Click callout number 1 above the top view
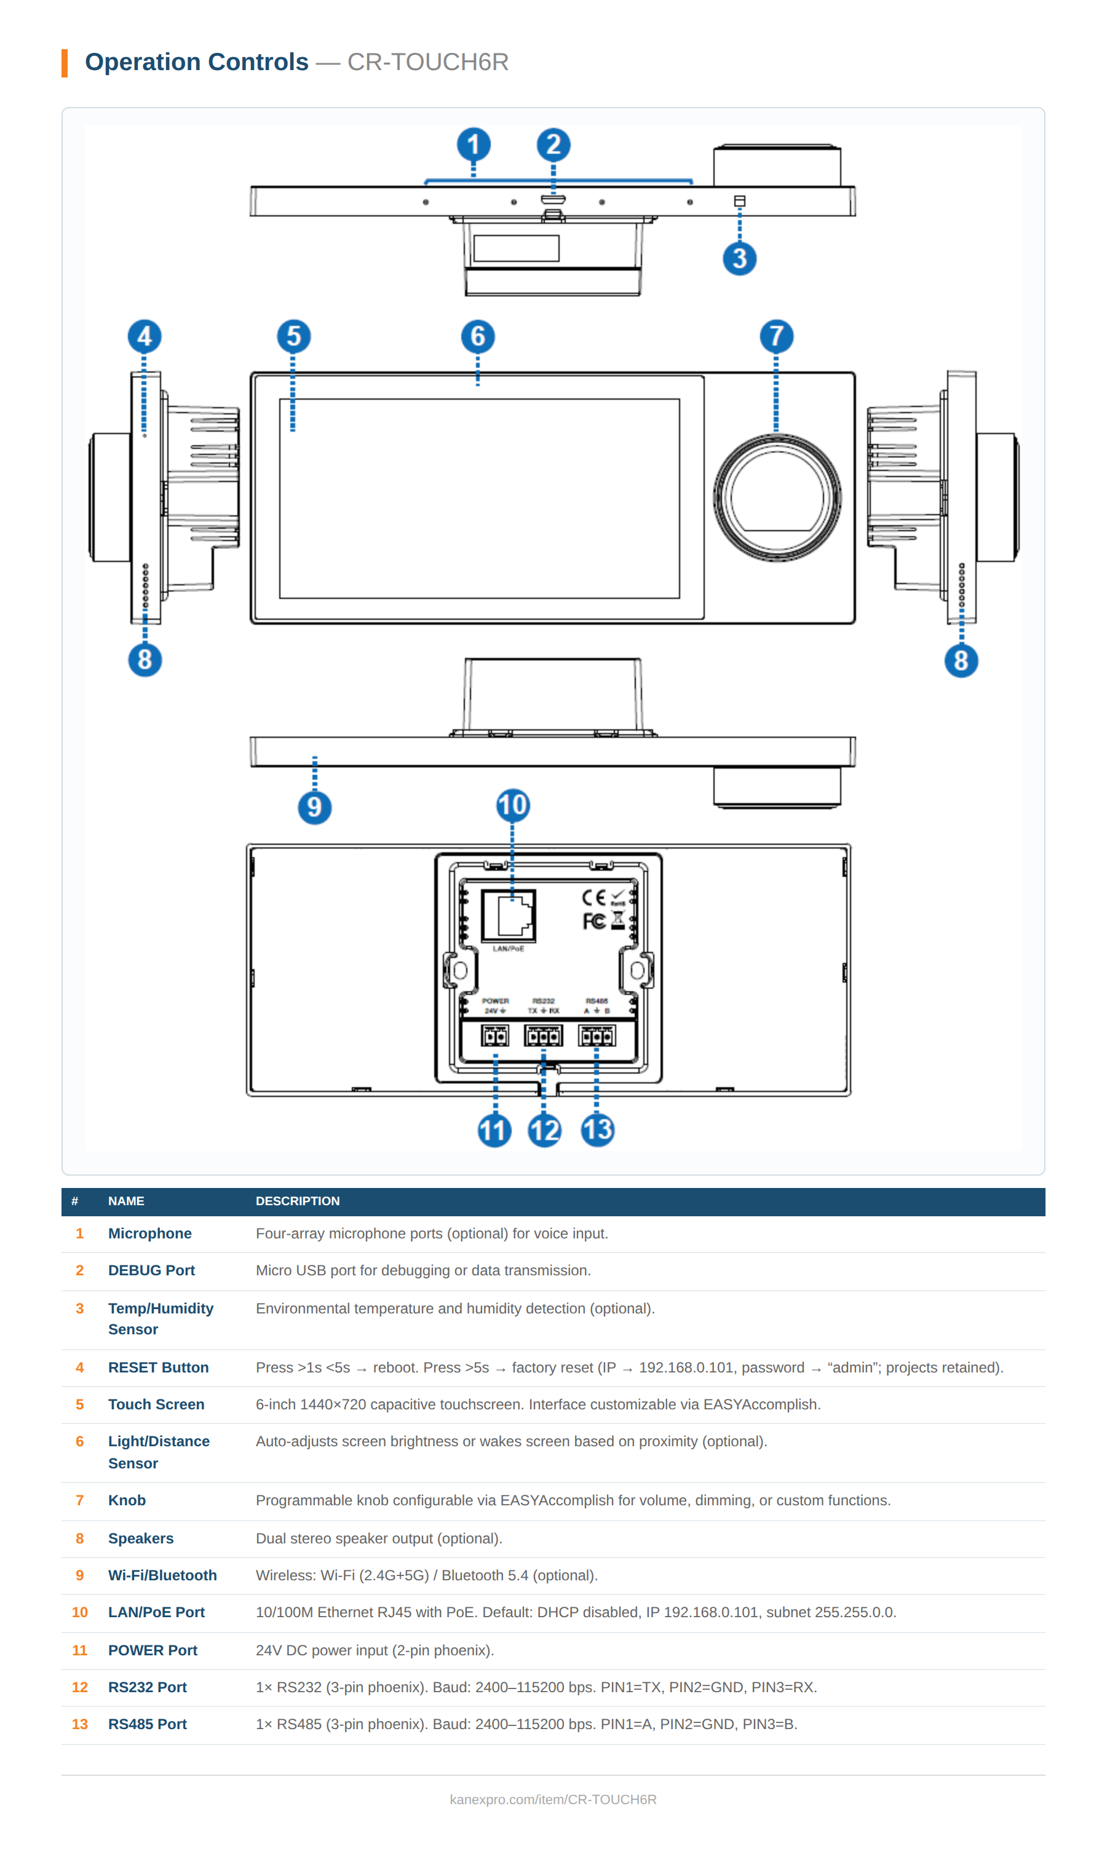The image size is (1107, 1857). (473, 144)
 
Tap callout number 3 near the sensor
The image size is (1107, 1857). (739, 258)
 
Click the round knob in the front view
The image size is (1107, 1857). (777, 497)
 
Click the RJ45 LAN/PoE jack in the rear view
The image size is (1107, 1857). (509, 915)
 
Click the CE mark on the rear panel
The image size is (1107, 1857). (593, 897)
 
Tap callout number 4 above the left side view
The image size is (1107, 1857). (144, 336)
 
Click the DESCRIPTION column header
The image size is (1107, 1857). (297, 1201)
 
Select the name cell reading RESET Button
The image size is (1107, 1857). (158, 1367)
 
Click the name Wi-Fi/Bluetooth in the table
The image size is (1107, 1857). (162, 1575)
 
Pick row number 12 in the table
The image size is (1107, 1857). (80, 1687)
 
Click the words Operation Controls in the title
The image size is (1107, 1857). (196, 62)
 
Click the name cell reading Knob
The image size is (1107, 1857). (127, 1500)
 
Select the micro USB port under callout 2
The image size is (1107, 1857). (553, 200)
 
